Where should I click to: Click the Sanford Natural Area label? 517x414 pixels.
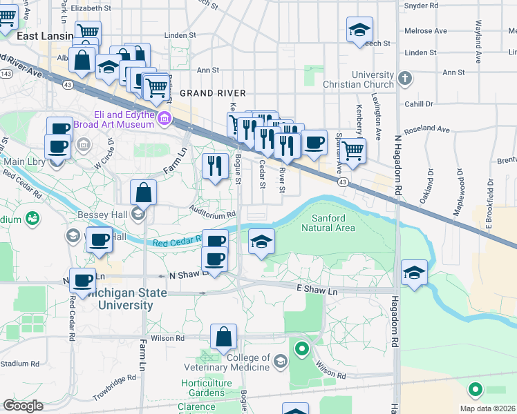pyautogui.click(x=329, y=222)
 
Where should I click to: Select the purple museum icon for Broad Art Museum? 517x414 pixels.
pyautogui.click(x=164, y=119)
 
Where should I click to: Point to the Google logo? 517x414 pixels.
pyautogui.click(x=23, y=405)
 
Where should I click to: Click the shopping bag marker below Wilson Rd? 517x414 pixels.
pyautogui.click(x=224, y=338)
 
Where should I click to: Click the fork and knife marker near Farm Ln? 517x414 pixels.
pyautogui.click(x=215, y=166)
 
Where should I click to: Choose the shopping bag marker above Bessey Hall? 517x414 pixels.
pyautogui.click(x=143, y=192)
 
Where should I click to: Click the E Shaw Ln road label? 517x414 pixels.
pyautogui.click(x=317, y=291)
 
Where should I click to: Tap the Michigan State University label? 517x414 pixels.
pyautogui.click(x=121, y=299)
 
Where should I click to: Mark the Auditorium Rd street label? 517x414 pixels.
pyautogui.click(x=214, y=214)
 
